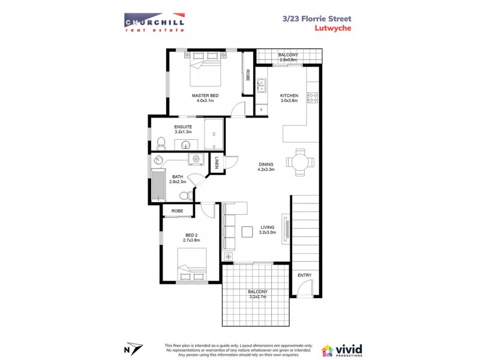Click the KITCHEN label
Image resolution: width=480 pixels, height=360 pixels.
coord(289,96)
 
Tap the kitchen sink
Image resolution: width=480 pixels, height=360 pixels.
coord(262,86)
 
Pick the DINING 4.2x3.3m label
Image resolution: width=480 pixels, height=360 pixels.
coord(266,166)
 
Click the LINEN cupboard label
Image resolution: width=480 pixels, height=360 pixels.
coord(217,162)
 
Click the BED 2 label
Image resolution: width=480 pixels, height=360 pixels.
coord(191,237)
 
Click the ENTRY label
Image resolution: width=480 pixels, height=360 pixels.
coord(305,275)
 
